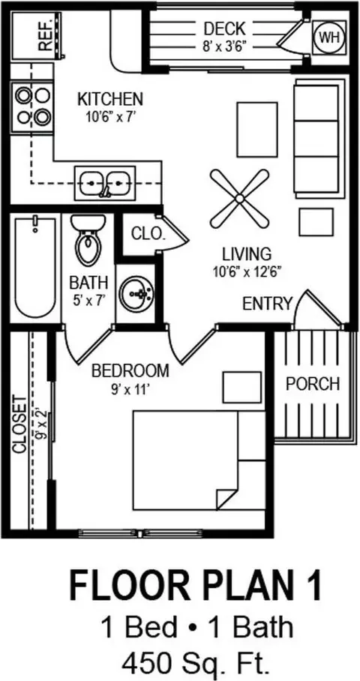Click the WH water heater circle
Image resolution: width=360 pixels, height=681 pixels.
click(330, 37)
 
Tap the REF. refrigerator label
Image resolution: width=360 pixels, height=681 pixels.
click(45, 35)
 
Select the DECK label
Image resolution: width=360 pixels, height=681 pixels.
click(224, 29)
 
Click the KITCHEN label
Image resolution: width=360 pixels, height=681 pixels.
click(109, 100)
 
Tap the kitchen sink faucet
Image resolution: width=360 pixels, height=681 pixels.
click(105, 190)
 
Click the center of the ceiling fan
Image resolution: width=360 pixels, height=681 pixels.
click(239, 199)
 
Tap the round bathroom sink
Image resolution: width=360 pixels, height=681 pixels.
click(136, 293)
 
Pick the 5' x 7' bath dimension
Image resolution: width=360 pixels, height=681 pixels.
click(88, 300)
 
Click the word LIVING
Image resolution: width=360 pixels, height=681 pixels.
click(247, 253)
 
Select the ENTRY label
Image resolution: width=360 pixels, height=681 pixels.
click(267, 304)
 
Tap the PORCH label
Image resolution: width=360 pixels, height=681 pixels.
click(312, 384)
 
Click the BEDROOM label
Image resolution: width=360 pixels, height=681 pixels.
click(130, 371)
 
